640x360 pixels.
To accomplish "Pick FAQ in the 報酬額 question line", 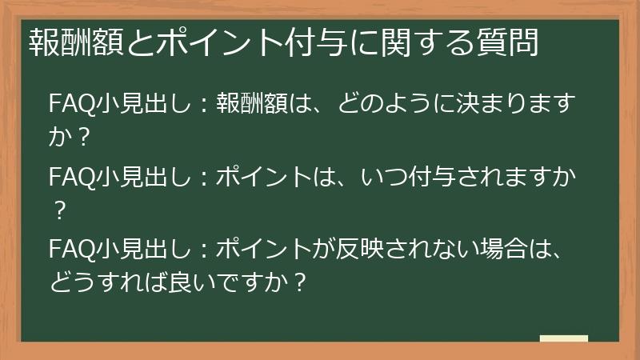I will point(69,106).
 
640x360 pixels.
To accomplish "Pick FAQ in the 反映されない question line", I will point(69,246).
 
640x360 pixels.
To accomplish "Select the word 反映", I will point(355,246).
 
